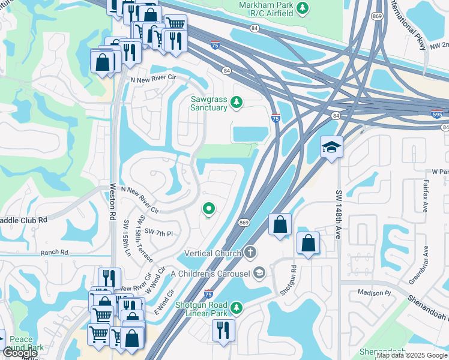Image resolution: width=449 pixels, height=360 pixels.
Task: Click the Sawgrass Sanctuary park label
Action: (x=209, y=103)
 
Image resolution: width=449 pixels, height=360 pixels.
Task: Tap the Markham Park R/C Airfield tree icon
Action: (x=304, y=8)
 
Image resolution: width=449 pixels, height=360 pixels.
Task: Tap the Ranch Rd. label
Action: (x=56, y=253)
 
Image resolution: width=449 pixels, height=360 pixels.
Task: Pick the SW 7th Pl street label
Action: (x=158, y=232)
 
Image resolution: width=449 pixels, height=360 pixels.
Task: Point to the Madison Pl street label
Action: (x=374, y=293)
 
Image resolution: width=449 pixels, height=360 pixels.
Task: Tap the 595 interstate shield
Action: (x=438, y=112)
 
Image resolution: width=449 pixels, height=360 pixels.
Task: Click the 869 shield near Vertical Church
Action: (x=244, y=223)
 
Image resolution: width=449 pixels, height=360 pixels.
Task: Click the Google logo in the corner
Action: (x=20, y=353)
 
